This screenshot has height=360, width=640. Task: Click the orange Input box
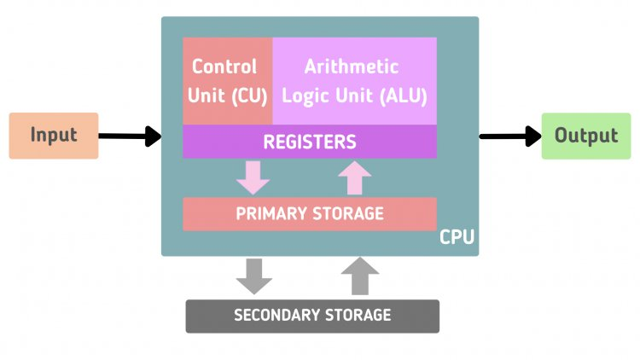click(53, 136)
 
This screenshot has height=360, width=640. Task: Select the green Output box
click(585, 136)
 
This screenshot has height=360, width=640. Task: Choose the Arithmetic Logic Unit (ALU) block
click(354, 81)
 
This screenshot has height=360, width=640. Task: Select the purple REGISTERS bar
click(310, 141)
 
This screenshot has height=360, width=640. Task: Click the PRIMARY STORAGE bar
click(310, 213)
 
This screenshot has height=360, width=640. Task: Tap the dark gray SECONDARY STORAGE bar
click(312, 316)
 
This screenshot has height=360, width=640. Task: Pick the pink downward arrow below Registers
click(253, 177)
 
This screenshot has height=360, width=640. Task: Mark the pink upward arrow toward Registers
click(354, 177)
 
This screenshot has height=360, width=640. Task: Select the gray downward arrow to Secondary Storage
click(254, 276)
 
